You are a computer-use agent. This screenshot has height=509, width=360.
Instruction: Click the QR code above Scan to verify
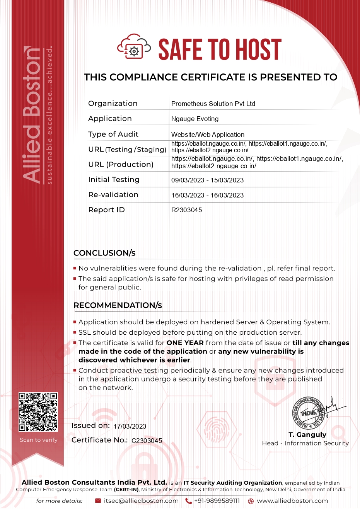coord(38,412)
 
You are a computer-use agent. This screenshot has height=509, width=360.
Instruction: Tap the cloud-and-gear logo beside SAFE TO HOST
coord(134,47)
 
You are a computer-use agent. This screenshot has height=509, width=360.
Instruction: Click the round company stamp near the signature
coord(307,413)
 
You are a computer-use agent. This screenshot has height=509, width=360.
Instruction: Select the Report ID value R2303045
coord(187,210)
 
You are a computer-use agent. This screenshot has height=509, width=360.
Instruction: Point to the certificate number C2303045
coord(147,441)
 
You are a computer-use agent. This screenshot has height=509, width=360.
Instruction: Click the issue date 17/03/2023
coord(130,426)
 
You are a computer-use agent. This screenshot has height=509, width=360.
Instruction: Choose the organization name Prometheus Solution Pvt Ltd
coord(213,104)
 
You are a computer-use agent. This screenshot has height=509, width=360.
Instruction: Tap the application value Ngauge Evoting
coord(195,119)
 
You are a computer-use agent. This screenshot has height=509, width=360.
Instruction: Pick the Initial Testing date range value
coord(207,180)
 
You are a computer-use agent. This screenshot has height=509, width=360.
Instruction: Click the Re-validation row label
coord(113,195)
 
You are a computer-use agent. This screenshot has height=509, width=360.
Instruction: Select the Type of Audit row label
coord(113,134)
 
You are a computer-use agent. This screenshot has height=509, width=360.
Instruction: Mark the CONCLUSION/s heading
coord(104,253)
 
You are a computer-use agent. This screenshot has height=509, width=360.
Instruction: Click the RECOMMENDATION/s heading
coord(118,305)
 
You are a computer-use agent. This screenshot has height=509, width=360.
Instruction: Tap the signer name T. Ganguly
coord(307,434)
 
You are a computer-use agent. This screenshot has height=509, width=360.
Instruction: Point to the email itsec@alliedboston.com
coord(141,501)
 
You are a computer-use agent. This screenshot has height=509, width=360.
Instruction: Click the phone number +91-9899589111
coord(217,501)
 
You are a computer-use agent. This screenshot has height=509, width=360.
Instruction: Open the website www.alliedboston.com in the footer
coord(292,501)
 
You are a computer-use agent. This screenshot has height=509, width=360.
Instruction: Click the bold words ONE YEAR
coord(185,343)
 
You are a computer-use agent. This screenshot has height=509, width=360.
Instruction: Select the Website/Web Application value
coord(208,134)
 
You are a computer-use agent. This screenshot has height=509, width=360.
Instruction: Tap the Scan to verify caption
coord(39,440)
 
